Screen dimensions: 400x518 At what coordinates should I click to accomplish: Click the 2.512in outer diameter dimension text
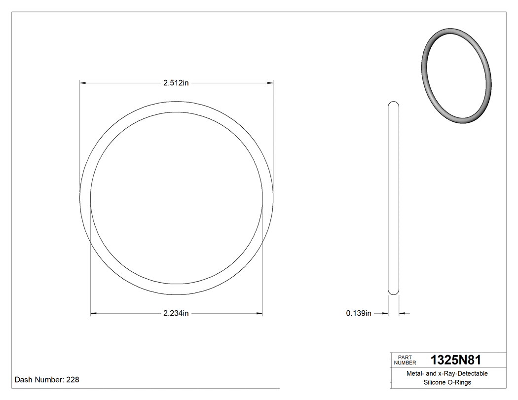(x=176, y=83)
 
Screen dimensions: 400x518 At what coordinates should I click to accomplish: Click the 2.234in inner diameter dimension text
(x=176, y=313)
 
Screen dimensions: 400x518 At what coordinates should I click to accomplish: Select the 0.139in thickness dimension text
(x=359, y=313)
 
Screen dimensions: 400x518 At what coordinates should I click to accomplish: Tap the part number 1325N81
(x=456, y=360)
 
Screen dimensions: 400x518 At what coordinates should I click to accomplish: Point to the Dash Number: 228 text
(x=47, y=380)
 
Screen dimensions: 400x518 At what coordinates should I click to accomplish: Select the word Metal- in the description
(x=415, y=374)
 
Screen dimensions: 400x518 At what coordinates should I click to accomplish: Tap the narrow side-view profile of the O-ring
(x=393, y=197)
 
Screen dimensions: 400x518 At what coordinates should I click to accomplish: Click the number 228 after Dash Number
(x=73, y=380)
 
